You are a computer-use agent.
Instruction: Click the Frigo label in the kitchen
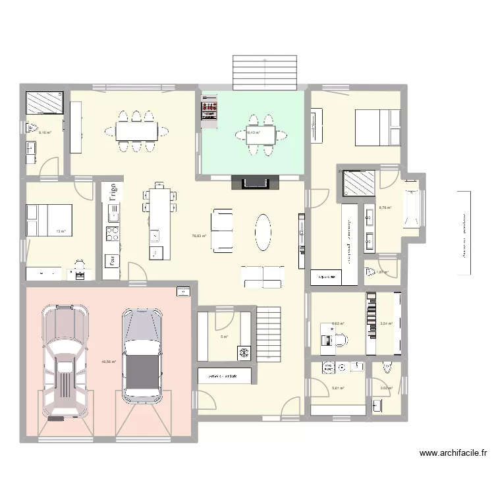click(x=113, y=192)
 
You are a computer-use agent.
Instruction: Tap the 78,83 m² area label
click(x=199, y=236)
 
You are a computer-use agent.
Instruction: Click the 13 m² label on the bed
click(x=61, y=231)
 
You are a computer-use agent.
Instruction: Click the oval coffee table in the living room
click(x=263, y=232)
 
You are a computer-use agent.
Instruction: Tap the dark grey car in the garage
click(x=142, y=356)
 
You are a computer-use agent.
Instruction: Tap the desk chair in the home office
click(x=340, y=340)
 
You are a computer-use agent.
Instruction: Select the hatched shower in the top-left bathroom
click(x=44, y=103)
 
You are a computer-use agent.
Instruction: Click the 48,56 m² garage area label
click(x=109, y=362)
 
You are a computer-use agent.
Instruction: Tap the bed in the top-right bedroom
click(x=377, y=127)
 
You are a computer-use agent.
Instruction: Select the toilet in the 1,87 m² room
click(x=371, y=271)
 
